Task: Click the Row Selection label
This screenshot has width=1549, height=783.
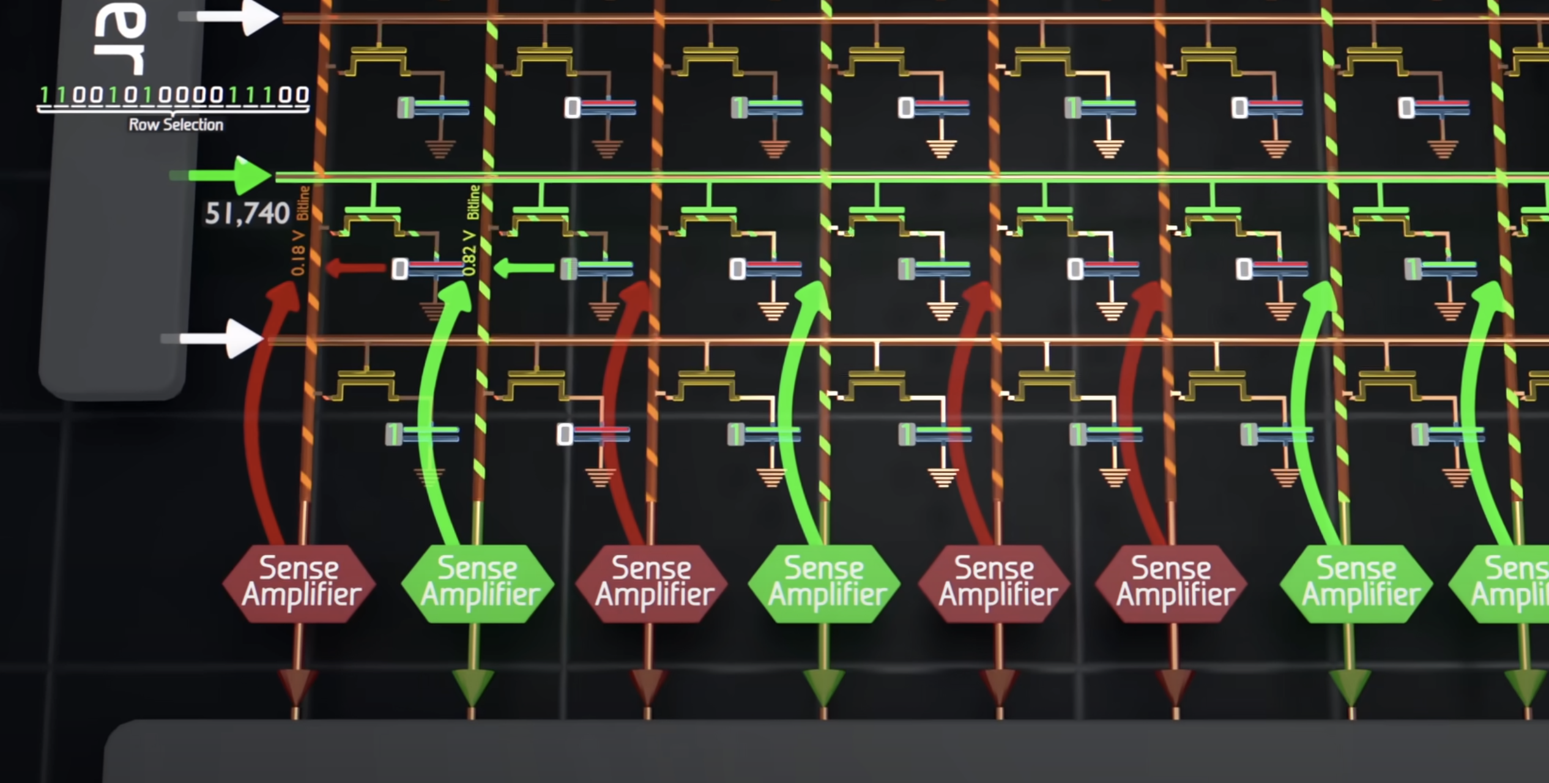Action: pos(176,125)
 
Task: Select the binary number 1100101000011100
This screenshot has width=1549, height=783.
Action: pos(174,96)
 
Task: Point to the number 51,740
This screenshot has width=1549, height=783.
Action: pos(247,214)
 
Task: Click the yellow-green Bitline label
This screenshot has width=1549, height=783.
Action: pos(474,202)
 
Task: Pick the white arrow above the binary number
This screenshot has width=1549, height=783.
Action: pos(232,17)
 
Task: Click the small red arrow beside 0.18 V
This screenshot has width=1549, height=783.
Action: pos(355,268)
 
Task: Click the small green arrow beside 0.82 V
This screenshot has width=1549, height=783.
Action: pos(524,268)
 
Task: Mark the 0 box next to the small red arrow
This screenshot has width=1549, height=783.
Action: pos(400,269)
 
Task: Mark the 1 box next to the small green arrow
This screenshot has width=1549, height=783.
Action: pos(568,269)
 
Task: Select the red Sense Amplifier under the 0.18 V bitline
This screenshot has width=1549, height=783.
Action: pos(300,583)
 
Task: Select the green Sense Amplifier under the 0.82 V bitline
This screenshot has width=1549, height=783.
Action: pos(478,583)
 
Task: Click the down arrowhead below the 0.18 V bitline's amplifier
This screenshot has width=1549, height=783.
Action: pos(297,685)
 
